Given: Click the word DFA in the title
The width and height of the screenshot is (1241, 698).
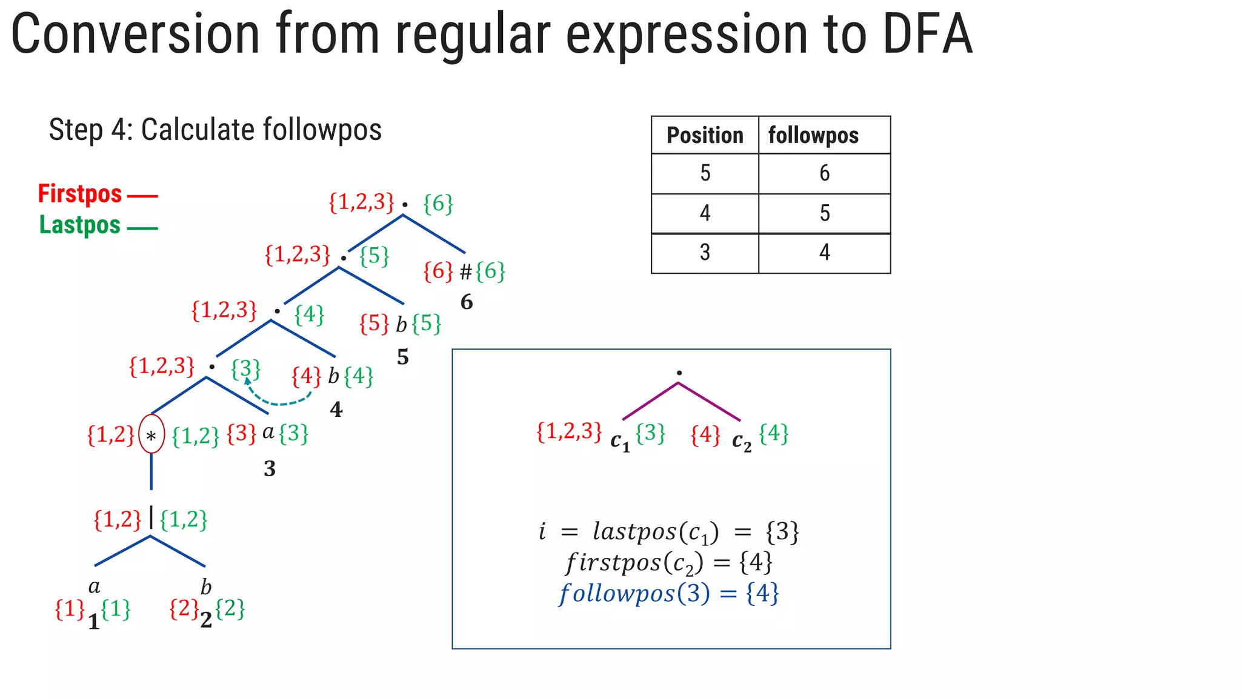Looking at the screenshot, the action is click(927, 35).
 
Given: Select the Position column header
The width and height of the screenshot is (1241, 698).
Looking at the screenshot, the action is click(705, 135).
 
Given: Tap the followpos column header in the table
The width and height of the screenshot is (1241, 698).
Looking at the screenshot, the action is click(813, 135).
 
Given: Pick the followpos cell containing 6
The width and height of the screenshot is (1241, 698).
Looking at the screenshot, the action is click(824, 173).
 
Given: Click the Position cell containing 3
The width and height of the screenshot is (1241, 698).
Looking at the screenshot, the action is click(705, 252).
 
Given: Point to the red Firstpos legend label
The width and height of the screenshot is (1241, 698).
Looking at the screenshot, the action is click(80, 194).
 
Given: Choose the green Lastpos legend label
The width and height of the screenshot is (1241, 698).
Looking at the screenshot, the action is click(80, 225).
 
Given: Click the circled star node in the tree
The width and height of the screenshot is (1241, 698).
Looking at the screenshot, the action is click(151, 434).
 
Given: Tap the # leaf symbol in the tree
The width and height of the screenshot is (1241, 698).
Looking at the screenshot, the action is click(465, 273).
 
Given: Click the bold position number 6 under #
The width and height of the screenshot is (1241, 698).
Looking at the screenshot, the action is click(466, 302).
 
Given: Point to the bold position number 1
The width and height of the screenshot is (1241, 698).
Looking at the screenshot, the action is click(94, 622).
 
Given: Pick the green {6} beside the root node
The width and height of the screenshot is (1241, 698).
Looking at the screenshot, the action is click(438, 204).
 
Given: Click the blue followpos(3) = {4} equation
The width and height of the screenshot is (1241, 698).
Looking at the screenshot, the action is click(669, 593).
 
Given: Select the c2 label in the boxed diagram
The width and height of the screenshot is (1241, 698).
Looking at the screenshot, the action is click(741, 442).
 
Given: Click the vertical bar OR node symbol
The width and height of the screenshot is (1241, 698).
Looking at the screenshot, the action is click(151, 519).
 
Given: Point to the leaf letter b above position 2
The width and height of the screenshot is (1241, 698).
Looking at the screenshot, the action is click(206, 587).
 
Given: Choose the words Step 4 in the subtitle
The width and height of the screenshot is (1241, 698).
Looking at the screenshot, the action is click(90, 130).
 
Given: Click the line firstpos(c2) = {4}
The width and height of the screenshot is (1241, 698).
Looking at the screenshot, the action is click(669, 563).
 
